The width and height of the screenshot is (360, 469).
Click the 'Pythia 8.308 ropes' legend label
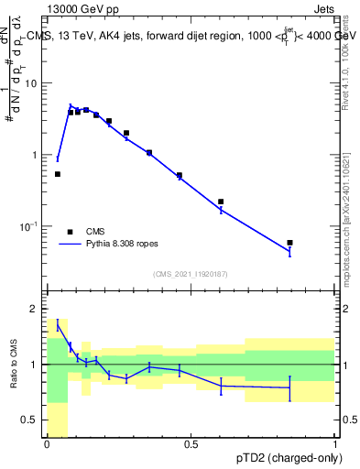click(131, 245)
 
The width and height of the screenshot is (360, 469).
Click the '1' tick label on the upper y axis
click(35, 155)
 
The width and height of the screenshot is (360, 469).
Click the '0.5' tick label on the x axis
click(191, 445)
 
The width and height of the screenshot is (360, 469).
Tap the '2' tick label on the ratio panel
click(35, 309)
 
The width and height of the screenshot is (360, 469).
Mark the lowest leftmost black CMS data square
click(57, 174)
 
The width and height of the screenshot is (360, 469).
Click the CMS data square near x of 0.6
click(221, 202)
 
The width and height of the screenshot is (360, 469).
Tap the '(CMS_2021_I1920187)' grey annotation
click(191, 272)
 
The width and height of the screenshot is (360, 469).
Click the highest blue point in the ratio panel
click(58, 323)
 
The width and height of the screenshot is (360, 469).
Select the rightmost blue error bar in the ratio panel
click(289, 388)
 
